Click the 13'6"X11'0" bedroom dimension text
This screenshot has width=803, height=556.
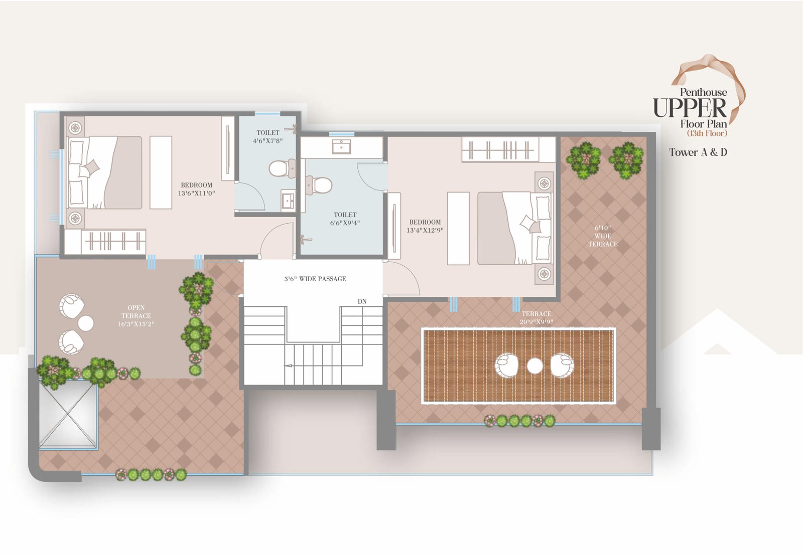click(x=196, y=194)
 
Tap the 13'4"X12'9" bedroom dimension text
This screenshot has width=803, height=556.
click(x=425, y=230)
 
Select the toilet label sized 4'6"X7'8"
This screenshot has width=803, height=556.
click(x=268, y=137)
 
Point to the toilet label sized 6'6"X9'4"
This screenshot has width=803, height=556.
click(x=345, y=219)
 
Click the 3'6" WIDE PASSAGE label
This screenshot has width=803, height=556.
click(x=315, y=279)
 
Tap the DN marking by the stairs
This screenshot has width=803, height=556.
click(x=362, y=301)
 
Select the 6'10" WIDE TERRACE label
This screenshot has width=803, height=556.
click(x=603, y=236)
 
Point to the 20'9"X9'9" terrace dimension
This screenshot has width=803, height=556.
click(x=537, y=322)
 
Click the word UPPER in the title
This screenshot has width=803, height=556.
click(x=690, y=108)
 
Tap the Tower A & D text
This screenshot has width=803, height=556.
click(x=698, y=152)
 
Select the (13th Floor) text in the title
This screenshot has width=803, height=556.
click(x=707, y=133)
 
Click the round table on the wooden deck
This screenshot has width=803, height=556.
click(x=535, y=365)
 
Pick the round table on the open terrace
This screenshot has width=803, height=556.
click(x=86, y=323)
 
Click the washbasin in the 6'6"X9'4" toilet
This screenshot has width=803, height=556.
click(x=341, y=146)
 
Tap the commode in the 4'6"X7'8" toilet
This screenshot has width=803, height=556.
click(x=282, y=168)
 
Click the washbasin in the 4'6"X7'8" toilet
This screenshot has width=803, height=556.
click(x=288, y=200)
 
